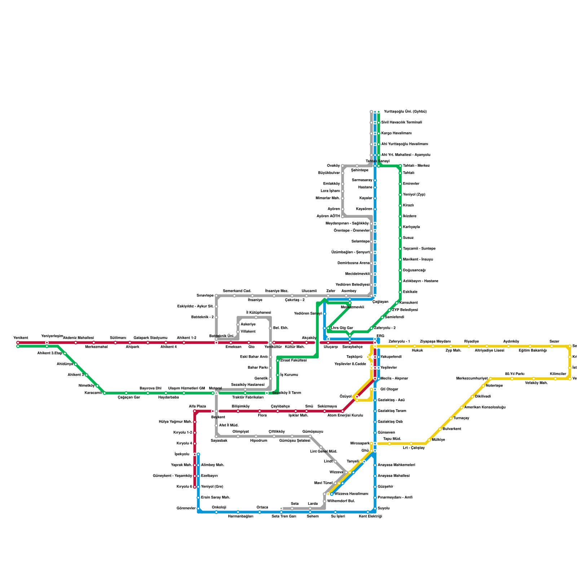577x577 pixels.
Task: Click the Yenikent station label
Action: [x=21, y=338]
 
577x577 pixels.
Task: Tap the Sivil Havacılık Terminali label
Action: [x=401, y=123]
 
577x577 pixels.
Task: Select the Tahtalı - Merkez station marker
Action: [x=400, y=166]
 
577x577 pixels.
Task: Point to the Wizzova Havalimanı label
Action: [x=351, y=494]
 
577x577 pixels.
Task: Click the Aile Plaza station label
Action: [x=197, y=406]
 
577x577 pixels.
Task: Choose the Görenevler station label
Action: [x=186, y=508]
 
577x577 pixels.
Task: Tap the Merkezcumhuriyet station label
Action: [x=472, y=379]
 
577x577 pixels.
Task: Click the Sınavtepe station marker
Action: [x=216, y=296]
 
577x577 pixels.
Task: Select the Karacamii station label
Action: [x=93, y=393]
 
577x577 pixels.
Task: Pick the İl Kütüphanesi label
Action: [x=259, y=313]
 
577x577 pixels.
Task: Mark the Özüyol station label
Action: [x=345, y=397]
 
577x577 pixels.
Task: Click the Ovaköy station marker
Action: [x=343, y=166]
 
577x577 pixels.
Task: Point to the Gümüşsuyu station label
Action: [x=313, y=432]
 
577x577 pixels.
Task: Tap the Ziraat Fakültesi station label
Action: [x=294, y=361]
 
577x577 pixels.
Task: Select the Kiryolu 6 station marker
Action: [x=195, y=487]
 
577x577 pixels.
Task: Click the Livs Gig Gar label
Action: [x=342, y=328]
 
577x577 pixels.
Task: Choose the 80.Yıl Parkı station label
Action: [x=515, y=374]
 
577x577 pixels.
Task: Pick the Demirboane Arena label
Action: [x=353, y=263]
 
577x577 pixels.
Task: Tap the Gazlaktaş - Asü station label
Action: [x=391, y=400]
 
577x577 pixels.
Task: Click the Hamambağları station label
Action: [x=241, y=516]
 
